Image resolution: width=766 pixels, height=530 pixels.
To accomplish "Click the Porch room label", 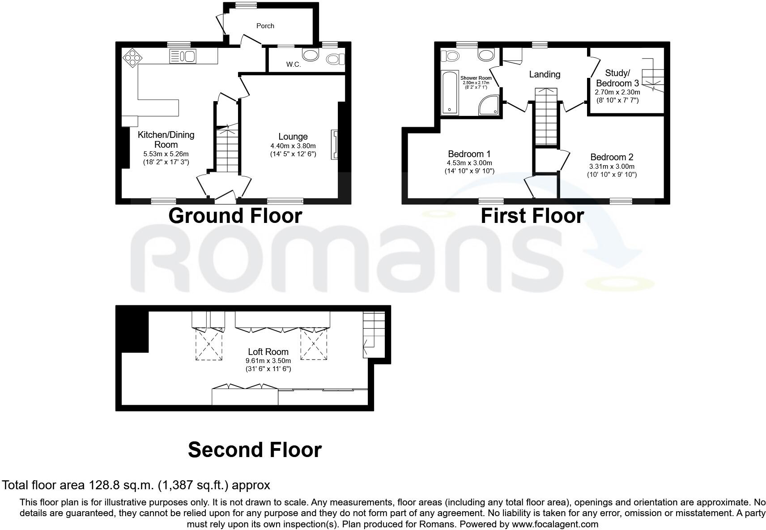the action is click(265, 26).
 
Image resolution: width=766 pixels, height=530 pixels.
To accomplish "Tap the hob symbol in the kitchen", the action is click(132, 57).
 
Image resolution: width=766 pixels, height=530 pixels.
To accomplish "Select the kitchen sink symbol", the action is click(183, 56).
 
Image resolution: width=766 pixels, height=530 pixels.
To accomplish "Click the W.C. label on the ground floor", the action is click(294, 64).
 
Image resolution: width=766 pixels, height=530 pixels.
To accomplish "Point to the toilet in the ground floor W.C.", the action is click(336, 59).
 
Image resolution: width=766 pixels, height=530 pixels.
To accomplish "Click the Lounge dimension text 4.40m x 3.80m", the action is click(293, 146).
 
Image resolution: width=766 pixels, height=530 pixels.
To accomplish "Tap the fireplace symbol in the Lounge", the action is click(334, 145).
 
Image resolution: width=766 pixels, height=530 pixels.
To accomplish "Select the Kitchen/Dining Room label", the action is click(166, 140).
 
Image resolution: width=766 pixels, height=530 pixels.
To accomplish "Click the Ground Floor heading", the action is click(235, 216).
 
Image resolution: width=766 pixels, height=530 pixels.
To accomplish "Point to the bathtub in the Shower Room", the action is click(449, 92).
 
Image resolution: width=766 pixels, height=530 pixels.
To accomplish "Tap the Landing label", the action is click(545, 74).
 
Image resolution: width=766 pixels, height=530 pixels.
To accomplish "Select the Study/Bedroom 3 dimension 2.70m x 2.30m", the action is click(617, 92).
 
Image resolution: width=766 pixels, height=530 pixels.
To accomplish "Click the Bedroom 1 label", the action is click(469, 154).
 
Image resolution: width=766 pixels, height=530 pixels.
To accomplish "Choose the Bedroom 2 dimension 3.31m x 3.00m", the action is click(612, 167).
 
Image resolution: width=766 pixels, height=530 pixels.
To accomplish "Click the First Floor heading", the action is click(532, 216).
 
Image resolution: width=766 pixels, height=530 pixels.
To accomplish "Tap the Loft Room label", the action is click(268, 352).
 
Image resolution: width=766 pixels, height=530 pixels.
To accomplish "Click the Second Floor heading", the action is click(255, 449).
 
